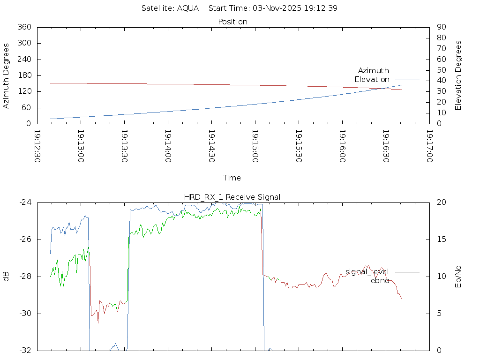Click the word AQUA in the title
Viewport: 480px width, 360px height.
(188, 8)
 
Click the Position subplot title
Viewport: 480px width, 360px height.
(233, 22)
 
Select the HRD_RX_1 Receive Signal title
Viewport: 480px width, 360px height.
(233, 197)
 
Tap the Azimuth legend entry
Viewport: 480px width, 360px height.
(374, 70)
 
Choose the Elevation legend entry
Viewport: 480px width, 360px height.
(372, 80)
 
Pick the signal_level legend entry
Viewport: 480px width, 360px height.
(367, 272)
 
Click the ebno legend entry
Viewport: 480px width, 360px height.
(380, 281)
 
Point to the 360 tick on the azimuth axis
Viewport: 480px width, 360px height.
(24, 27)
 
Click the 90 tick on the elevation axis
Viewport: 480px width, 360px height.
(441, 27)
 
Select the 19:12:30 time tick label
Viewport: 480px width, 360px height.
(37, 146)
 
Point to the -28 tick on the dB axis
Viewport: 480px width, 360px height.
(24, 277)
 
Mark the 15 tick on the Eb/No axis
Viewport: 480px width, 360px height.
(441, 240)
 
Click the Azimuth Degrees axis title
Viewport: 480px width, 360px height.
(7, 75)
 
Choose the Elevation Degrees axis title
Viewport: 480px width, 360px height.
(458, 75)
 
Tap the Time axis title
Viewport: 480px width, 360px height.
(232, 178)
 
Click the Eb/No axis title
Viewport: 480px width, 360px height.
(458, 277)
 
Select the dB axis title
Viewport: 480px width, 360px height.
(7, 277)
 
